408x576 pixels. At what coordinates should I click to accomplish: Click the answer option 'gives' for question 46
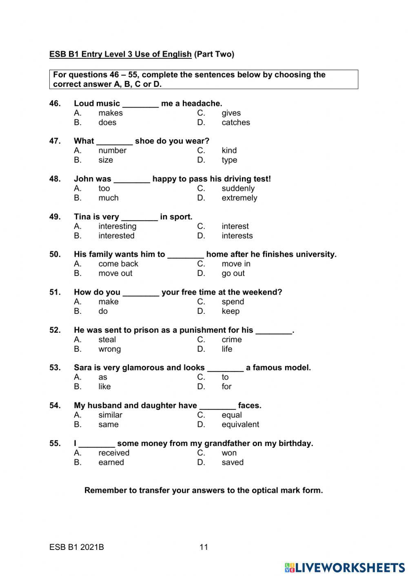pyautogui.click(x=231, y=113)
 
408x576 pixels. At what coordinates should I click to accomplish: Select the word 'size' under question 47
pyautogui.click(x=106, y=160)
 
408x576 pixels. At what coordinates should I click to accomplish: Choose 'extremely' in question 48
pyautogui.click(x=239, y=198)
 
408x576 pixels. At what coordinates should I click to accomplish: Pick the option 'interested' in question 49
pyautogui.click(x=116, y=236)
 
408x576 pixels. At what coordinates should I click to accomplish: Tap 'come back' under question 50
pyautogui.click(x=118, y=264)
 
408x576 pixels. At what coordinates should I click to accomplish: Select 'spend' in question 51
pyautogui.click(x=233, y=302)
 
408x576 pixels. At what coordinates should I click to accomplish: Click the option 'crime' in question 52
pyautogui.click(x=231, y=340)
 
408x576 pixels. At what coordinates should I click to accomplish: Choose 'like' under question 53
pyautogui.click(x=104, y=386)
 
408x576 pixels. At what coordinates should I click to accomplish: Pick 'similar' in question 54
pyautogui.click(x=110, y=415)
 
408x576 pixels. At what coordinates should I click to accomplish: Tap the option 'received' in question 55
pyautogui.click(x=114, y=453)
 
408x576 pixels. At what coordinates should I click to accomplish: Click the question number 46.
pyautogui.click(x=55, y=104)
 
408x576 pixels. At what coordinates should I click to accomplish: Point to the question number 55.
pyautogui.click(x=55, y=444)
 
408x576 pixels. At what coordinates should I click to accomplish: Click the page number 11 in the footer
pyautogui.click(x=204, y=547)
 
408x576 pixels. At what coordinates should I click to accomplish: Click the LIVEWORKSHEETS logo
pyautogui.click(x=345, y=567)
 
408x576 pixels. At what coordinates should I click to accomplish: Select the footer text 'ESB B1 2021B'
pyautogui.click(x=77, y=547)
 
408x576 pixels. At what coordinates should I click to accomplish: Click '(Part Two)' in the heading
pyautogui.click(x=214, y=54)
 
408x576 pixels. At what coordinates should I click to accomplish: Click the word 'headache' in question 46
pyautogui.click(x=202, y=104)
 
